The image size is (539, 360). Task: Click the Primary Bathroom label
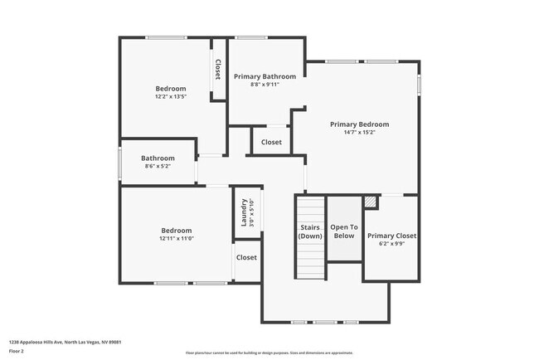click(265, 76)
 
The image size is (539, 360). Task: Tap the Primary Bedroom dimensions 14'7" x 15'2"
click(359, 132)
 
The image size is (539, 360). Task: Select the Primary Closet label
click(391, 236)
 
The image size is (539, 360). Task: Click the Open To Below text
click(343, 231)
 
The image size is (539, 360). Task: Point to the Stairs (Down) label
click(310, 231)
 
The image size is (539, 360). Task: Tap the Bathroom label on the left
click(158, 158)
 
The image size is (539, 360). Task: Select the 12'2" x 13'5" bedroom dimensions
click(171, 96)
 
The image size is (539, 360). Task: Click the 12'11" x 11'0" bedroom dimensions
click(176, 238)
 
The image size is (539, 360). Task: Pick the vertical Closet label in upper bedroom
click(218, 70)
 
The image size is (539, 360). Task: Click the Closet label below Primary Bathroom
click(271, 142)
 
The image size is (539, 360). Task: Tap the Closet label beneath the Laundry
click(246, 257)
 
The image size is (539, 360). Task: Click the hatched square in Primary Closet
click(370, 202)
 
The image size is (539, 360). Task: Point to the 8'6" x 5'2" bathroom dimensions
click(158, 167)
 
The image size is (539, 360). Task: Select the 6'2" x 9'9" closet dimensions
click(391, 244)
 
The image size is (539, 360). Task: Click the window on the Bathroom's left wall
click(121, 162)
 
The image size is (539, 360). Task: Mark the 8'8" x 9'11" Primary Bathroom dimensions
click(265, 84)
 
